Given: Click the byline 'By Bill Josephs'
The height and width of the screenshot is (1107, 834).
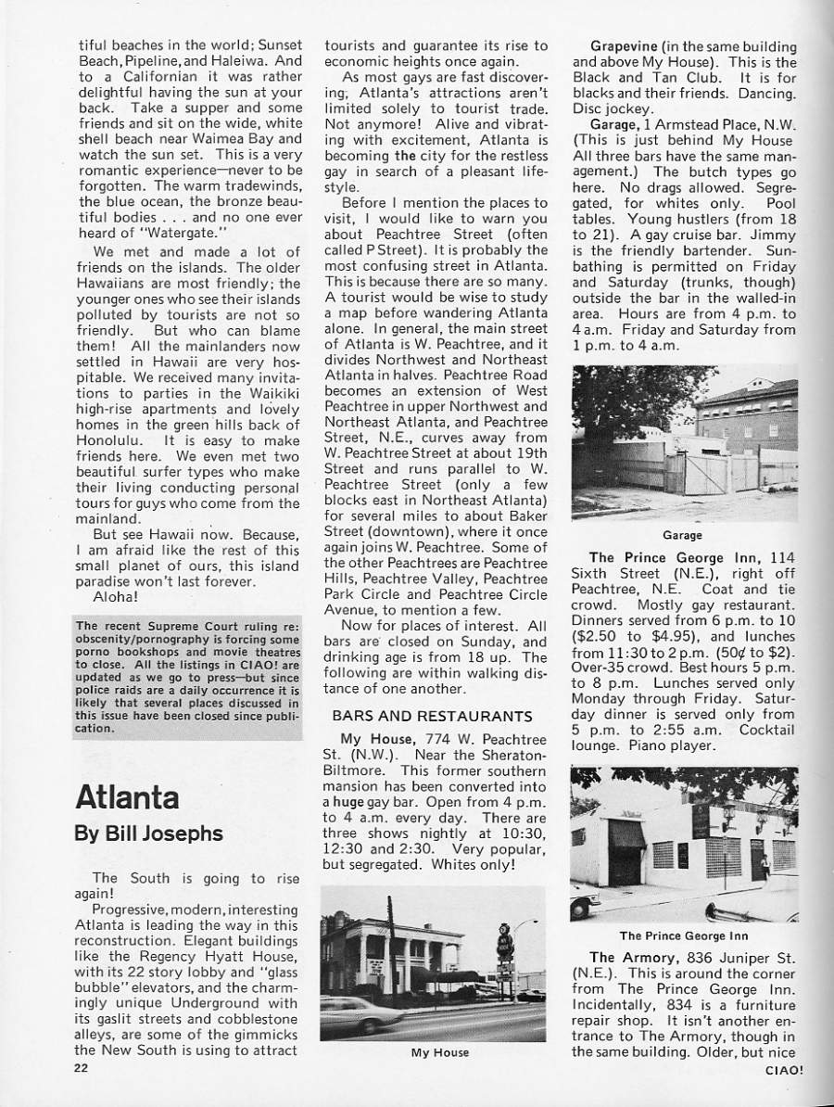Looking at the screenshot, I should coord(148,833).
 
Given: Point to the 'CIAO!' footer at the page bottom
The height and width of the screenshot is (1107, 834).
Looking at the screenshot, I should coord(785,1068).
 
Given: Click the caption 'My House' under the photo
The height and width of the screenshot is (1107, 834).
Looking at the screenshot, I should coord(439,1052).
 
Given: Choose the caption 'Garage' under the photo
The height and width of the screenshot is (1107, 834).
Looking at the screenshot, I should coord(682,535).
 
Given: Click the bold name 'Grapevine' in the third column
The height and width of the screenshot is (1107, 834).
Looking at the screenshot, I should coord(627,45).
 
